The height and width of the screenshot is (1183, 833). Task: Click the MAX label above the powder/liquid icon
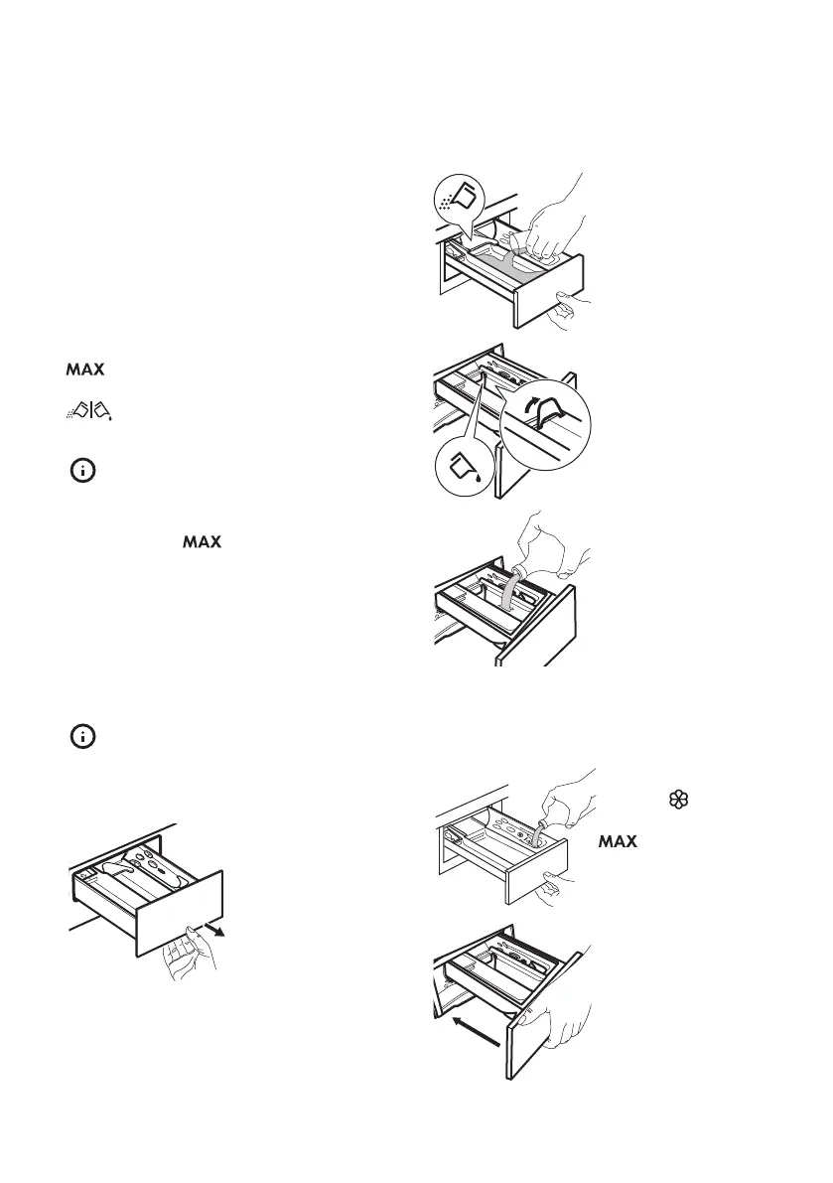point(85,370)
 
